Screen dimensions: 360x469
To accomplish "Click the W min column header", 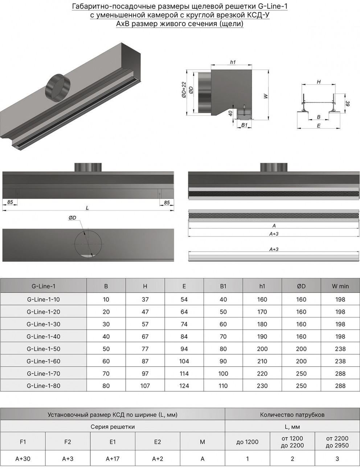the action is pos(340,286).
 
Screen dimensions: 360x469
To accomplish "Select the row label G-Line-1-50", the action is pos(43,349).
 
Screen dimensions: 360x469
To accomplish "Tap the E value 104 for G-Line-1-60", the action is pos(184,361).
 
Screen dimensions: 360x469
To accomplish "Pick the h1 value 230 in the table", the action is pos(262,386).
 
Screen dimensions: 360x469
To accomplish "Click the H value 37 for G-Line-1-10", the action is pos(145,300).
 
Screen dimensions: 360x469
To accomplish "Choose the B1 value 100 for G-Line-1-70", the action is pos(223,373).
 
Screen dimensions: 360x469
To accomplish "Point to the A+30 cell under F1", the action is pos(23,459).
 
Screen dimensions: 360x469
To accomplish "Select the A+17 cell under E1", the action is pos(112,459).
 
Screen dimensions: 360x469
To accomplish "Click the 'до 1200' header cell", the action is pos(247,442).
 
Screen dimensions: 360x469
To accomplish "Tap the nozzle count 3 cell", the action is pos(337,459).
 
